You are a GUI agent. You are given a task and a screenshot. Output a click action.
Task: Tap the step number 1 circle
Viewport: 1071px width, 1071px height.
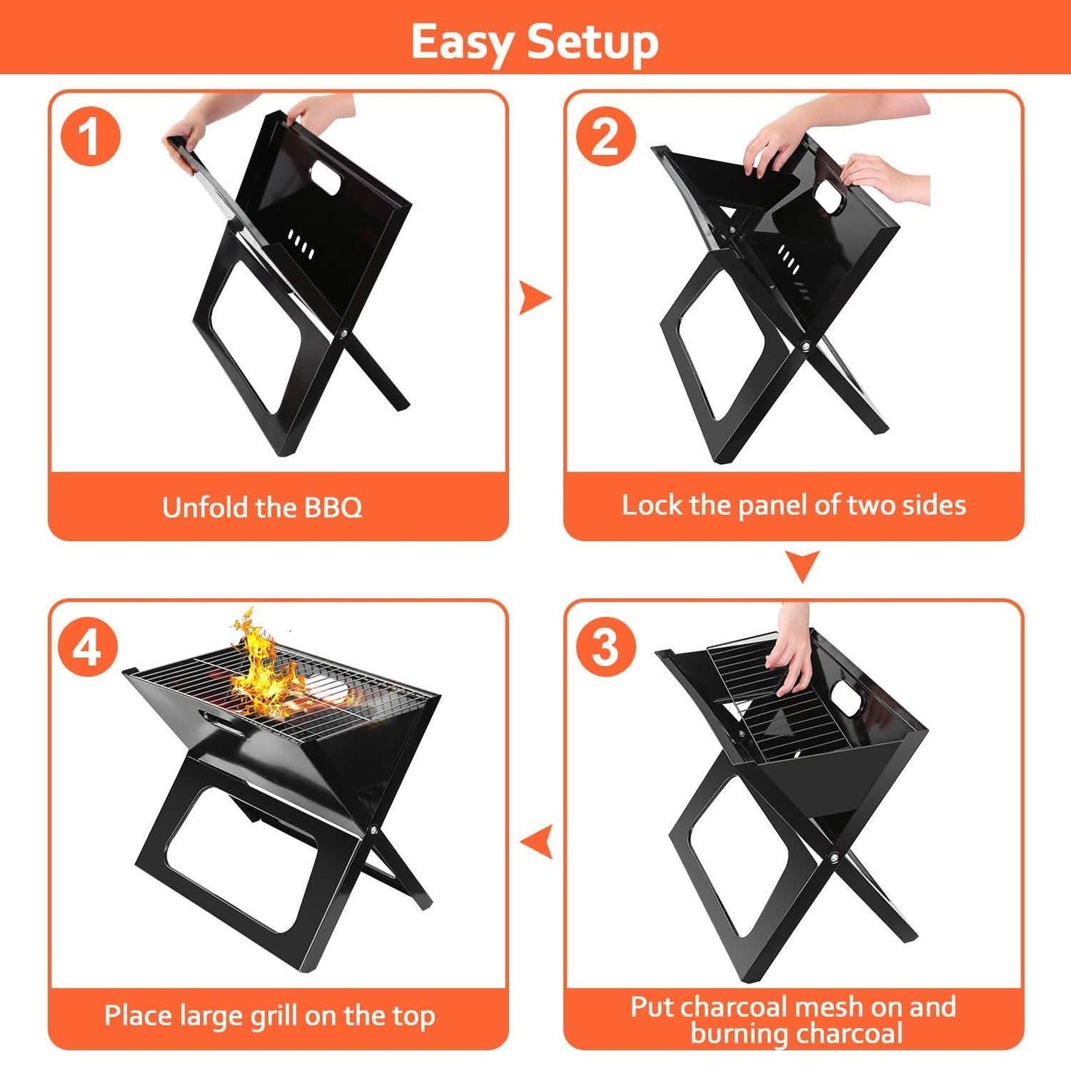[x=90, y=136]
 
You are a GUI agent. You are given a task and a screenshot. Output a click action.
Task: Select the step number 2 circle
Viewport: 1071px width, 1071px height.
[x=606, y=136]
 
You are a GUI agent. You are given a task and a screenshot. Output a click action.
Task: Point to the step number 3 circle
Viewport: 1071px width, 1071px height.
[x=606, y=646]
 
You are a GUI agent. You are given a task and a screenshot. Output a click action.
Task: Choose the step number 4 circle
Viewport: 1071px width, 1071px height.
[x=88, y=647]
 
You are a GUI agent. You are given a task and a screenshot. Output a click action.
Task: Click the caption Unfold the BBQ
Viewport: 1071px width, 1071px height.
[x=262, y=508]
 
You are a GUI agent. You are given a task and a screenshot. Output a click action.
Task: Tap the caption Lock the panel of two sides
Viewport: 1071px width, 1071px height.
[x=794, y=505]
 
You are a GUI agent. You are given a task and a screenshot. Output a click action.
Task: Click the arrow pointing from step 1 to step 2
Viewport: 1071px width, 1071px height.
[x=534, y=298]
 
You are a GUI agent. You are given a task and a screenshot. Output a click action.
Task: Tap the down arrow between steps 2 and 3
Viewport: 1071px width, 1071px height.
[x=803, y=566]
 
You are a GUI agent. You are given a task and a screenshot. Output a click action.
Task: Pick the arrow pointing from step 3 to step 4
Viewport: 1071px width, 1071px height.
[x=537, y=842]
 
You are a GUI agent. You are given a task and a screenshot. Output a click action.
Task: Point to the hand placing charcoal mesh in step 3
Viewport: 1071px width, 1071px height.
[x=792, y=652]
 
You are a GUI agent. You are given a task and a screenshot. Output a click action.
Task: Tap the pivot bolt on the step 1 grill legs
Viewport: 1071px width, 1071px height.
[x=345, y=335]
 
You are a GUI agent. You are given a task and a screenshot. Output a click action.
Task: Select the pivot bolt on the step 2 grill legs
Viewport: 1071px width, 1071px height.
[x=806, y=346]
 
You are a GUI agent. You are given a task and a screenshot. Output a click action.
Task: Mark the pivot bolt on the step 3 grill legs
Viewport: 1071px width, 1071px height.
[x=835, y=858]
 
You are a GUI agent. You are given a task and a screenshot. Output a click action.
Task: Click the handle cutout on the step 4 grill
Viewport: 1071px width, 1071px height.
[x=216, y=718]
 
